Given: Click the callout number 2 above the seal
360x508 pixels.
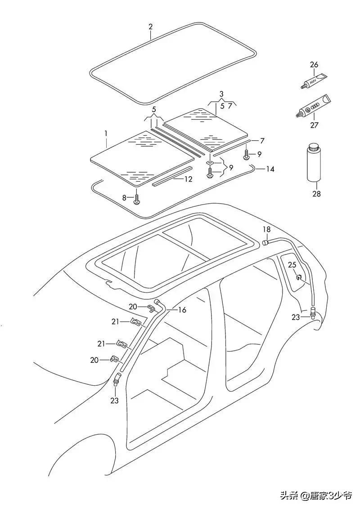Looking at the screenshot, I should (x=151, y=27).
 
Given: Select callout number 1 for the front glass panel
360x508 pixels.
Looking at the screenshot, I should (x=106, y=134).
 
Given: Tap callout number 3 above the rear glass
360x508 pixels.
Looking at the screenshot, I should (x=221, y=94).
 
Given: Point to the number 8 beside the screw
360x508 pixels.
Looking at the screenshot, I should (x=125, y=197).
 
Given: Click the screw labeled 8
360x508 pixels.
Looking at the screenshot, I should (x=137, y=198).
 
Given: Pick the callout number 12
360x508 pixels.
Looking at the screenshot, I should (x=188, y=178).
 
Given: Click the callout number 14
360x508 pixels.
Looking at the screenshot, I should (x=270, y=169).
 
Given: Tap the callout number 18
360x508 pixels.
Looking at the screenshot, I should (x=267, y=229).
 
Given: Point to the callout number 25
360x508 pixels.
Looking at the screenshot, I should (x=292, y=265).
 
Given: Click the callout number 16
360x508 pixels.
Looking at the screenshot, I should (x=182, y=310).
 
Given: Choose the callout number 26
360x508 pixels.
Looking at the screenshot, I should (x=314, y=65).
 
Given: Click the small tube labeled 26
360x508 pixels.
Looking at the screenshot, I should (x=315, y=81).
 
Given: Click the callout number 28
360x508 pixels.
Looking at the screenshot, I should (x=316, y=194).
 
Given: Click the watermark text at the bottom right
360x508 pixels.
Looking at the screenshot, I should (x=310, y=495).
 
